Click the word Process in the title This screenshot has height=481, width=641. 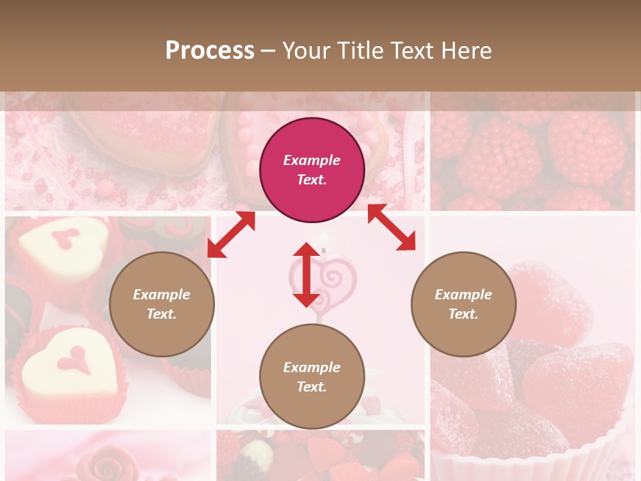[210, 51]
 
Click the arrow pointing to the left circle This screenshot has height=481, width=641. [231, 234]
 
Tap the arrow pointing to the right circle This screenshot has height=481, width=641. [392, 227]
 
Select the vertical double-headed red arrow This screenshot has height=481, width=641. [306, 275]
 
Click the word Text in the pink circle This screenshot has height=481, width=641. [312, 180]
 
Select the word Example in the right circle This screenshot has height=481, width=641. [463, 295]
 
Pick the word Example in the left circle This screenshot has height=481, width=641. [162, 295]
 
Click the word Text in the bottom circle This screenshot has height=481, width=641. [312, 387]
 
